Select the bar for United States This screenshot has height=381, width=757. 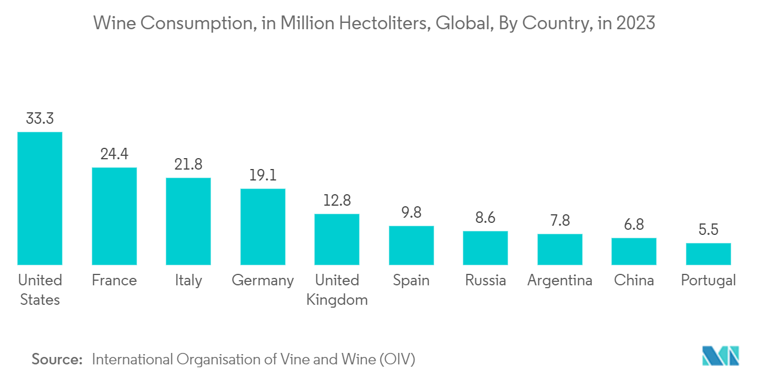40,198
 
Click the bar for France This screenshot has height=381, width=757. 114,216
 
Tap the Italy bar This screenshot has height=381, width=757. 189,221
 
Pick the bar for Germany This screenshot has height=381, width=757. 263,226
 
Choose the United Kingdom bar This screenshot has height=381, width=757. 337,239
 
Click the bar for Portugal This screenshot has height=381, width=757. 708,254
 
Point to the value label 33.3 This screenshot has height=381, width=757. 40,119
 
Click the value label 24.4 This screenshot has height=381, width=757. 114,154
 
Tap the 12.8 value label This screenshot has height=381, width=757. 337,201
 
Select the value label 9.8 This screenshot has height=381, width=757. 411,213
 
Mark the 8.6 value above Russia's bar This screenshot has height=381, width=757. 485,218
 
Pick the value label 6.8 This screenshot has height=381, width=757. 634,225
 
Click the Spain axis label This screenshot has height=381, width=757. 411,280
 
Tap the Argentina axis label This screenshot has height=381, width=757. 560,280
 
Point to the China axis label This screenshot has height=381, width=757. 634,280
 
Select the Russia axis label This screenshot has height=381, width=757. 485,280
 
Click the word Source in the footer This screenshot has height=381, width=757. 57,359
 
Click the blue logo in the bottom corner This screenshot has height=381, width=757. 720,356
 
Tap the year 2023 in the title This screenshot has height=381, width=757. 636,23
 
